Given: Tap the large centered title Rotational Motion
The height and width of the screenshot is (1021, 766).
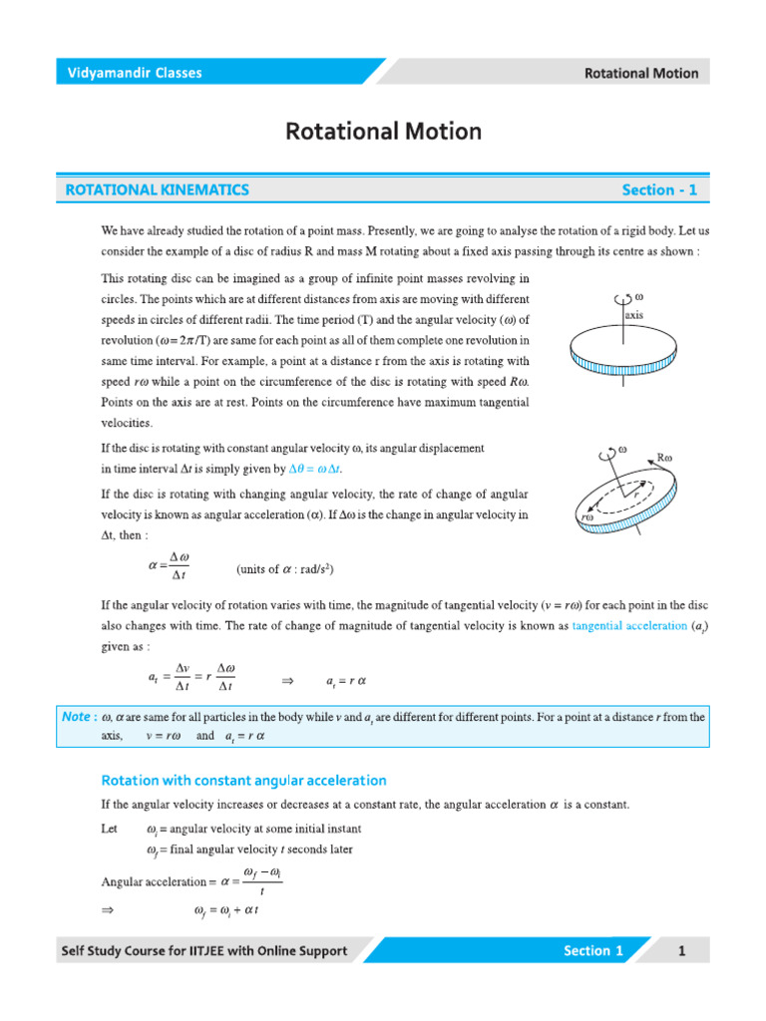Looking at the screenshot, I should coord(384,131).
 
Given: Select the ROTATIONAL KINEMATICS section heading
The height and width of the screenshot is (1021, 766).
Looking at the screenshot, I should coord(157,189).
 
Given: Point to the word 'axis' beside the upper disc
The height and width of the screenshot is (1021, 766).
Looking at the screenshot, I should coord(634,314).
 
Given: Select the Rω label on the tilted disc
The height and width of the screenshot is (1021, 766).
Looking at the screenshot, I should coord(665,459).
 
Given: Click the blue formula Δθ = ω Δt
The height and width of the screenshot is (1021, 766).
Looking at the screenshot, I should coord(320,469).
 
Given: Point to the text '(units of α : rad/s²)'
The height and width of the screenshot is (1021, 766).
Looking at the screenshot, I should coord(284,569).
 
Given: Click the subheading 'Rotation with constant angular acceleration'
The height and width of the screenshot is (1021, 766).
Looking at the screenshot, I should coord(244,780).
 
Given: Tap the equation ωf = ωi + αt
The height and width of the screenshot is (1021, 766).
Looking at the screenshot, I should coord(226,910).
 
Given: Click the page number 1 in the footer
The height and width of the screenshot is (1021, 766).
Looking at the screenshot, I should coord(682,950).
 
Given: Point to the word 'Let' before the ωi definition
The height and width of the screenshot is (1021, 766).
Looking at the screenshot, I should coord(110,829).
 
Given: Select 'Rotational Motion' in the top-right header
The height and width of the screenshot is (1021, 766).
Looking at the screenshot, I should coord(640,73).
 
